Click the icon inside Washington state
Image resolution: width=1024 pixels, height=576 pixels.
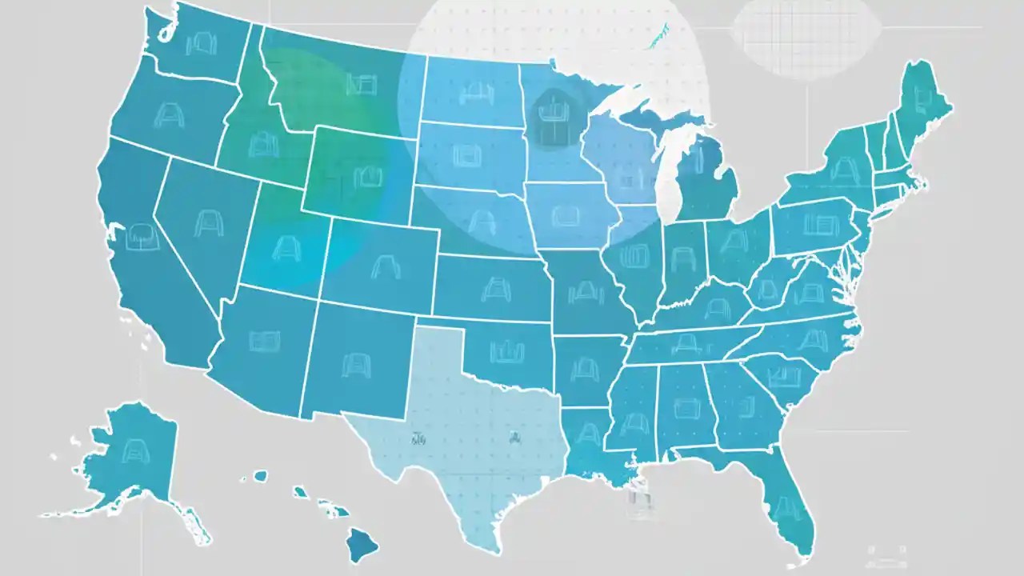pos(196,44)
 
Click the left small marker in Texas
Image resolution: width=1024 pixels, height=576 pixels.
pos(418,438)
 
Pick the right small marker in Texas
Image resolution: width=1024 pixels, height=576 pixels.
pos(514,437)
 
